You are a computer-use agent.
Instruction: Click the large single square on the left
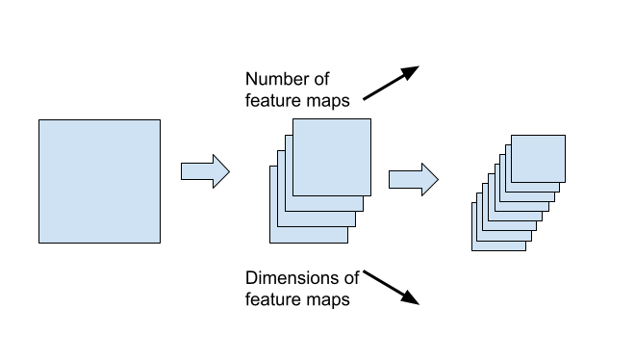tap(99, 181)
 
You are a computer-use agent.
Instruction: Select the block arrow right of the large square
tap(205, 172)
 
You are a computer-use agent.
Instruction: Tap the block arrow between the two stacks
tap(413, 179)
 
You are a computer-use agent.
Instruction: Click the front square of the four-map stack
tap(331, 157)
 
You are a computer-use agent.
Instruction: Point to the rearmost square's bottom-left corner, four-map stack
tap(270, 242)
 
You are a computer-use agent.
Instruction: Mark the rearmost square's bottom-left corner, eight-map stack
tap(472, 250)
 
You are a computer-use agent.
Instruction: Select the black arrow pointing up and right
tap(392, 83)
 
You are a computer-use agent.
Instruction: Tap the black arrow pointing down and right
tap(392, 287)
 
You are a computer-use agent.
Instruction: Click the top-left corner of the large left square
tap(38, 120)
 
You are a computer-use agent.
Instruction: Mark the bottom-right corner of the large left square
tap(160, 242)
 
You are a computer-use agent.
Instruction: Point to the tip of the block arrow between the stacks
tap(438, 179)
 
